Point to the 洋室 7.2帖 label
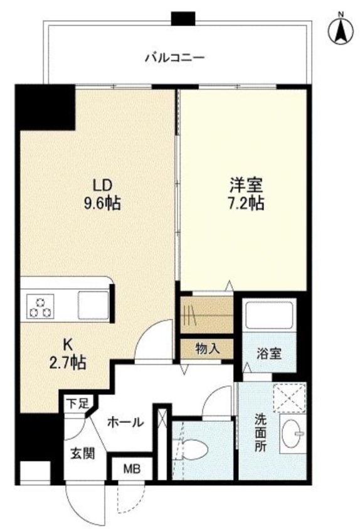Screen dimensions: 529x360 pyautogui.click(x=246, y=194)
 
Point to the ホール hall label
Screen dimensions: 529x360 pyautogui.click(x=127, y=422)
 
